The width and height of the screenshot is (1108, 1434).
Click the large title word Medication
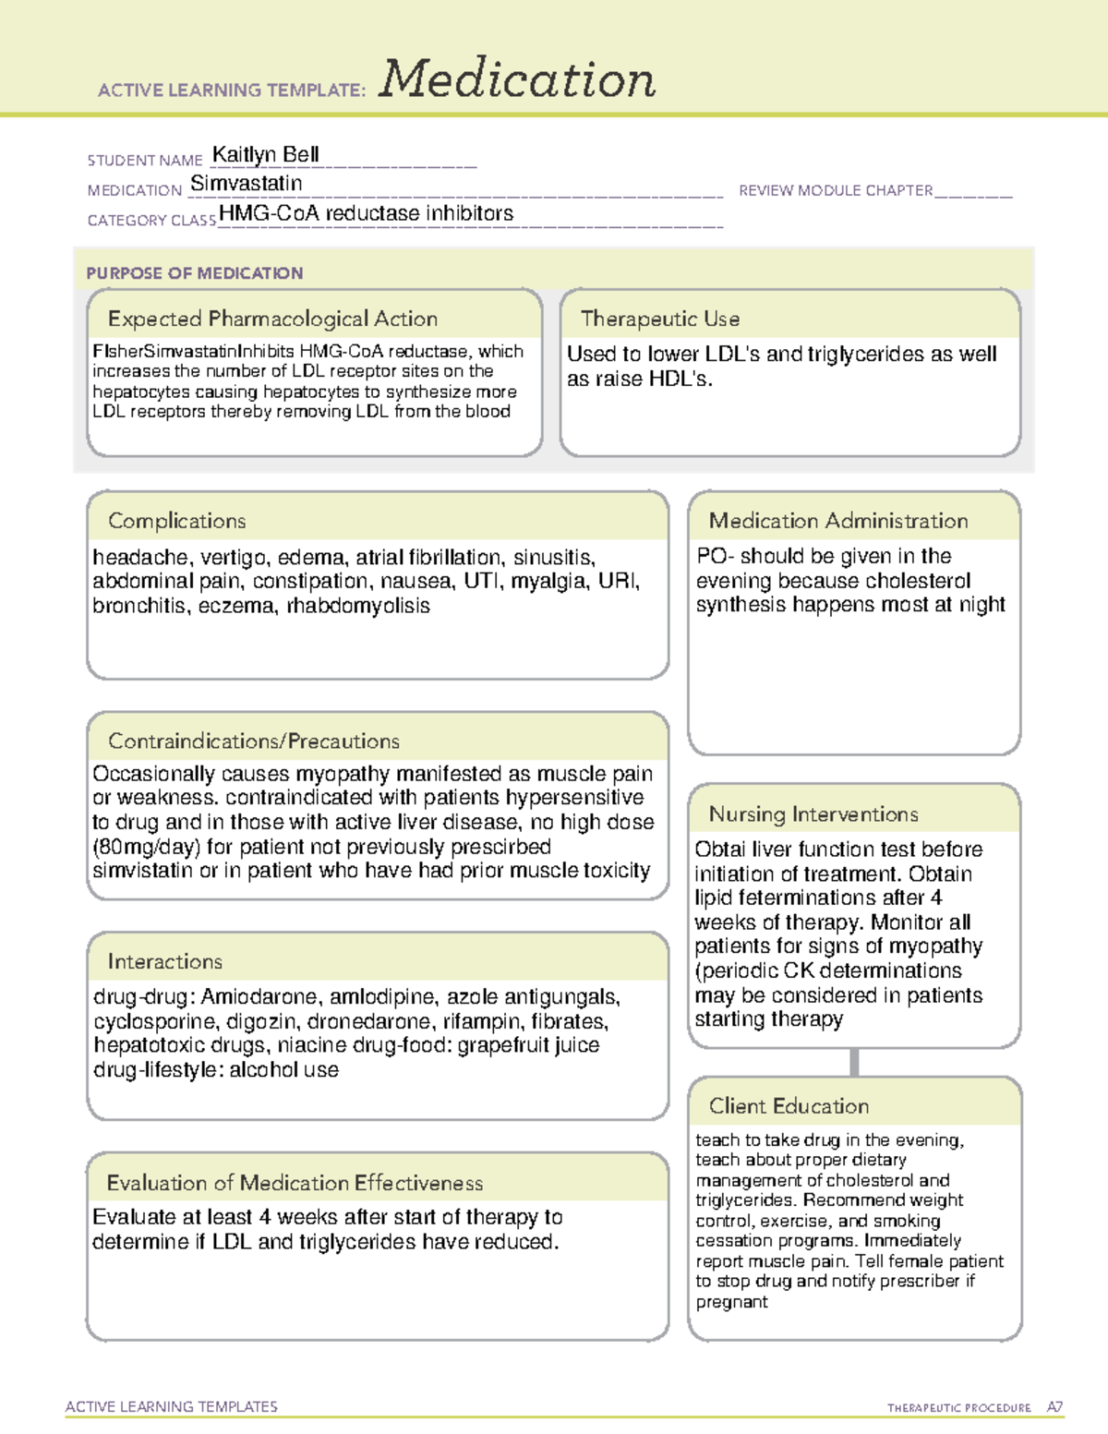pyautogui.click(x=517, y=79)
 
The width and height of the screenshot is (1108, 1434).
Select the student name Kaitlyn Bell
pyautogui.click(x=266, y=154)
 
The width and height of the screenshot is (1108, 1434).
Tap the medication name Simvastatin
pyautogui.click(x=247, y=184)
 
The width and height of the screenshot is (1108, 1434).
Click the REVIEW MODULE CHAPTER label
pyautogui.click(x=836, y=190)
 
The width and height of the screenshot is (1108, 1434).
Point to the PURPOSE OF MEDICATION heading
pyautogui.click(x=195, y=273)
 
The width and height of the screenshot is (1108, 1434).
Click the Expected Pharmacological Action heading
pyautogui.click(x=272, y=319)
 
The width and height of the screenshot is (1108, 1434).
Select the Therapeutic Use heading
pyautogui.click(x=660, y=319)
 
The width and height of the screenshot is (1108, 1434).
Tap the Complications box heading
pyautogui.click(x=177, y=521)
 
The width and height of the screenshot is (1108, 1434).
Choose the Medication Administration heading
pyautogui.click(x=838, y=521)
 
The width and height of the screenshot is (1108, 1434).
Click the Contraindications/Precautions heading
pyautogui.click(x=254, y=741)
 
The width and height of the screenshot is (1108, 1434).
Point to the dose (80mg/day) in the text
pyautogui.click(x=146, y=847)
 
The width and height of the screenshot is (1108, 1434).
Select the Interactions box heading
pyautogui.click(x=165, y=961)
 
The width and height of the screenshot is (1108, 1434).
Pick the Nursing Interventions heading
pyautogui.click(x=813, y=813)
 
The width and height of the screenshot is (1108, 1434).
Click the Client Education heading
pyautogui.click(x=789, y=1106)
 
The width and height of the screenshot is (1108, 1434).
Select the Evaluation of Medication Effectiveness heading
pyautogui.click(x=295, y=1183)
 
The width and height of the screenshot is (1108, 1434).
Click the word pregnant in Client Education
pyautogui.click(x=731, y=1302)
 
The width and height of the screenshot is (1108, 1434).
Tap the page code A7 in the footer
pyautogui.click(x=1054, y=1407)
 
